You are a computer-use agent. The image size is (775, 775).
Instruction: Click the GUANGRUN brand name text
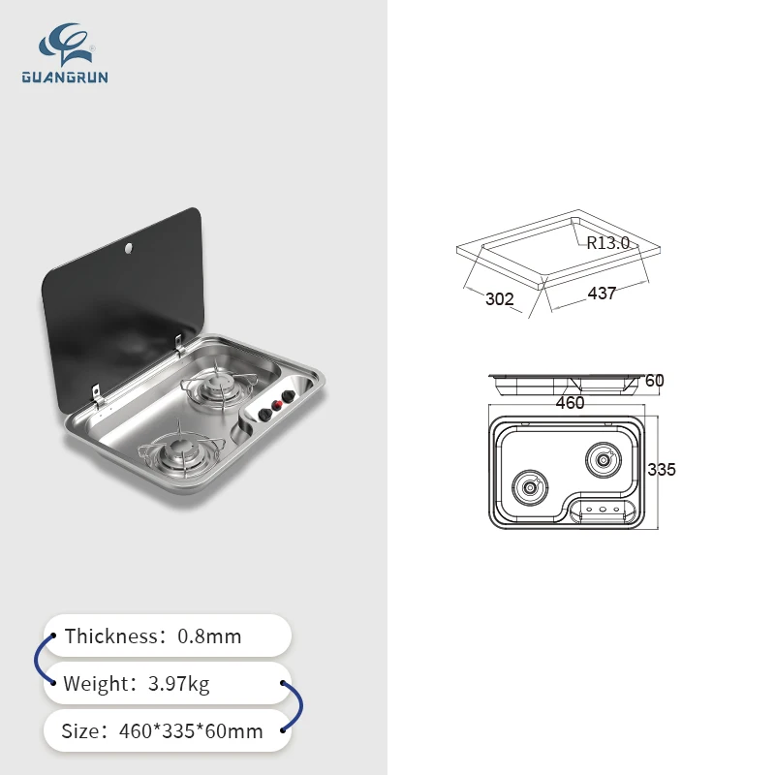(x=65, y=77)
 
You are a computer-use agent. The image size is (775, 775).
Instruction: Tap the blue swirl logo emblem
(x=66, y=44)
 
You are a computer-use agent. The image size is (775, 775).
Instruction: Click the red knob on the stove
(x=277, y=405)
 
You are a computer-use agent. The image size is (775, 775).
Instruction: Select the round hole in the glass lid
(x=129, y=248)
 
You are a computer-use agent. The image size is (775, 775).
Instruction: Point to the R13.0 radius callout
(x=608, y=243)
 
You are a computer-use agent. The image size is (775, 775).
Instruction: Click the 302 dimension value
(x=499, y=299)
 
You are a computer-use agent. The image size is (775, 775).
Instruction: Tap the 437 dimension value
(x=602, y=294)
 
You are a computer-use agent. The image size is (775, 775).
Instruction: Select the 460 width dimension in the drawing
(x=570, y=403)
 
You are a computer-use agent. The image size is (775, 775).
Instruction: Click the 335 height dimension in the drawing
(x=662, y=469)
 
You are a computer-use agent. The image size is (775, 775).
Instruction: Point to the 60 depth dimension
(x=655, y=381)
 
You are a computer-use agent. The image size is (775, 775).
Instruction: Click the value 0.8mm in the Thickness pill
(x=209, y=636)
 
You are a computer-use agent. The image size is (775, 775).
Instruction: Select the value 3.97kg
(x=179, y=684)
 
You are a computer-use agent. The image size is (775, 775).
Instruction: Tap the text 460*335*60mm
(x=191, y=731)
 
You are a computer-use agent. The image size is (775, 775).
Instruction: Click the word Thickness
(x=110, y=636)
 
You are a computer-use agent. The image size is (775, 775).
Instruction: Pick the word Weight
(x=96, y=684)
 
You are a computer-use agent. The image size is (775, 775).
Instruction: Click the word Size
(x=80, y=731)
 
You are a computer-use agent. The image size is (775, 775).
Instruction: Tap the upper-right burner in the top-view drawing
(x=604, y=460)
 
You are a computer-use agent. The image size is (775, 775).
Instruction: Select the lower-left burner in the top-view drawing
(x=529, y=488)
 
